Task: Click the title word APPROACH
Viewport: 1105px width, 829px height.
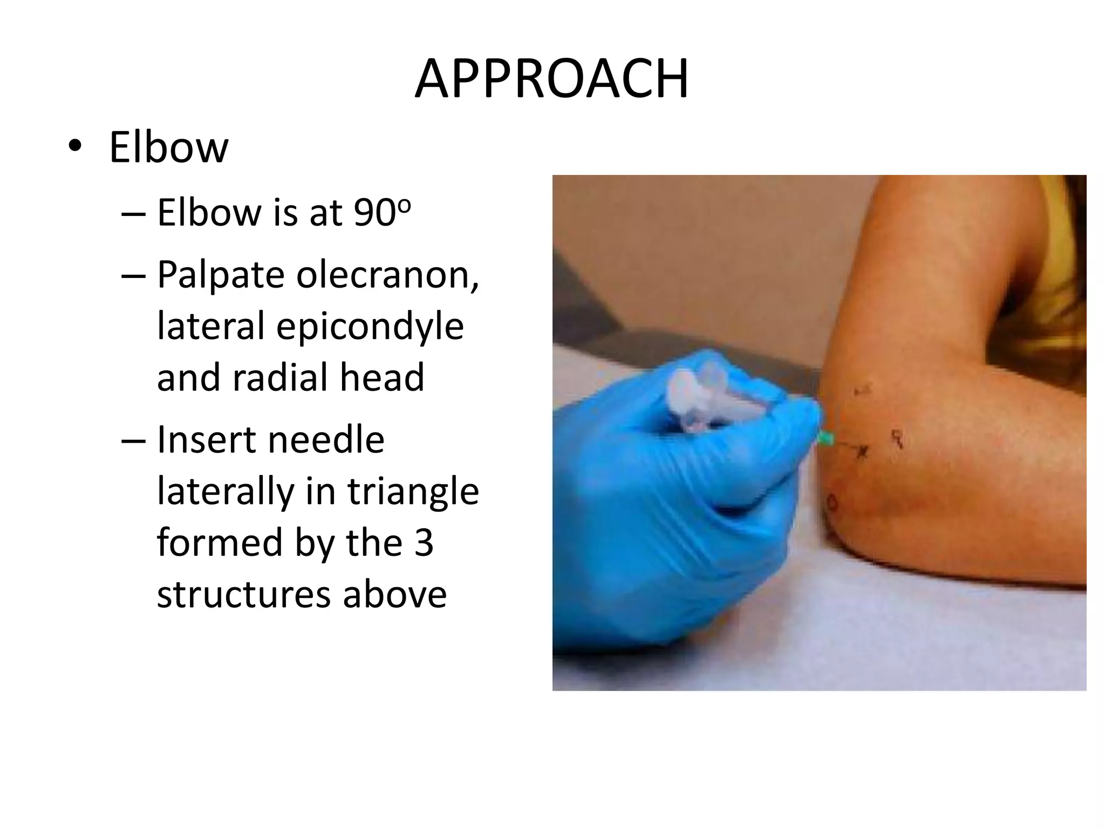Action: click(551, 79)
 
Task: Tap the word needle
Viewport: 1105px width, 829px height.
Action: click(326, 440)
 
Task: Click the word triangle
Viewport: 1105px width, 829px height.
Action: click(413, 492)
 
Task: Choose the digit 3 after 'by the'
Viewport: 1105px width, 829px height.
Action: click(424, 543)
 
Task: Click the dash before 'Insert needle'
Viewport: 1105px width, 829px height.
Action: click(133, 440)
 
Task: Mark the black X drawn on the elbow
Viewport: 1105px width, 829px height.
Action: click(862, 451)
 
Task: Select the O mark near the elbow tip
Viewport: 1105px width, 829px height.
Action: click(831, 504)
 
